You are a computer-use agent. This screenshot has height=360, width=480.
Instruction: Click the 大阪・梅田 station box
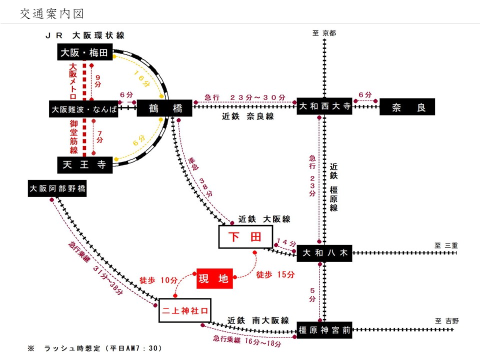click(x=84, y=52)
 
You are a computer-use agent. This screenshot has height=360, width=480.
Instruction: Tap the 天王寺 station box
click(x=84, y=165)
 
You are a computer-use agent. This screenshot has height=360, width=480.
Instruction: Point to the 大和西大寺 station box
click(x=324, y=106)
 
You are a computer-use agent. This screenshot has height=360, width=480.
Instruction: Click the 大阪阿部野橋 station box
click(x=57, y=189)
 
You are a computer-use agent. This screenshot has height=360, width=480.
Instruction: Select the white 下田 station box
click(x=246, y=237)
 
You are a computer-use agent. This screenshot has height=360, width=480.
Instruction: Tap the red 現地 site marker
click(x=214, y=278)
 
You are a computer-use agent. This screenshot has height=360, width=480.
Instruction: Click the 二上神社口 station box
click(x=184, y=310)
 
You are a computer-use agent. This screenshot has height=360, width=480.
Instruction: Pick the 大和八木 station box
click(x=324, y=252)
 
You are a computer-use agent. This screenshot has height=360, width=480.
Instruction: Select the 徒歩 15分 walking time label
click(x=275, y=275)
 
